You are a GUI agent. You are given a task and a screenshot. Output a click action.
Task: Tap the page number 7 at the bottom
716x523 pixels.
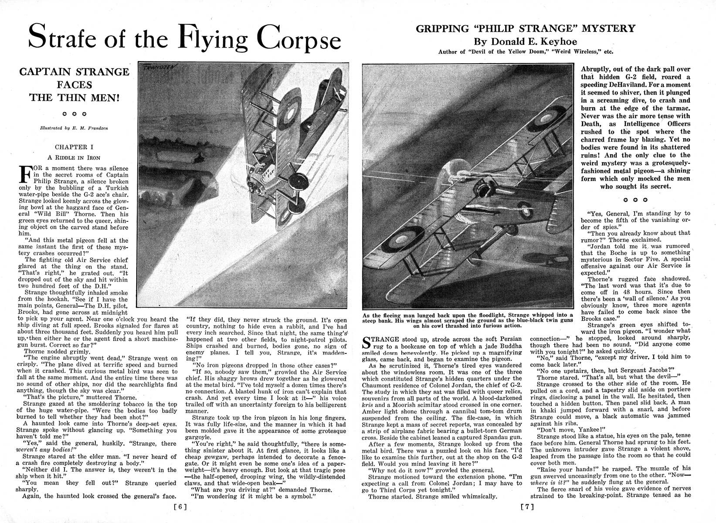coord(527,507)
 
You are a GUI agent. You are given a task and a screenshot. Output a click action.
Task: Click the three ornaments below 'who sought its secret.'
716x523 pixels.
coord(635,200)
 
